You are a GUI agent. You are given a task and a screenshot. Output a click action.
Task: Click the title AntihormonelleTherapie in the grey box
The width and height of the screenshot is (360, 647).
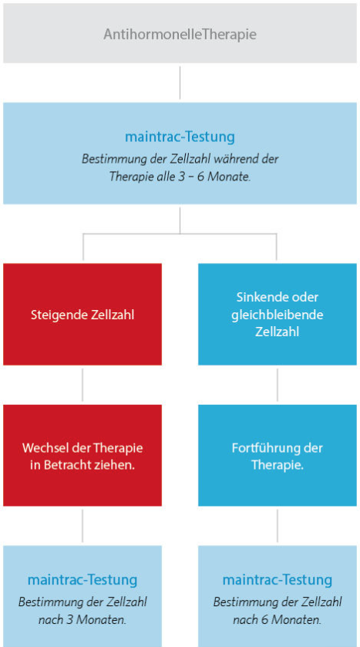click(180, 34)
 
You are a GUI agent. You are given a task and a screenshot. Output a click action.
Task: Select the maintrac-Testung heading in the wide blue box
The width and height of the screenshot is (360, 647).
click(180, 137)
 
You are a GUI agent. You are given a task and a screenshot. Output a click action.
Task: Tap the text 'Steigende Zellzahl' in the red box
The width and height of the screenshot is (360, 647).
click(82, 315)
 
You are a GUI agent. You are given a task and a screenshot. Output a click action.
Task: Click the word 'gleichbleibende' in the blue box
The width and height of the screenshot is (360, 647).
click(277, 315)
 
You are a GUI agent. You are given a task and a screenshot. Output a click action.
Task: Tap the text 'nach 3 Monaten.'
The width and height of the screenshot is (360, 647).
click(82, 620)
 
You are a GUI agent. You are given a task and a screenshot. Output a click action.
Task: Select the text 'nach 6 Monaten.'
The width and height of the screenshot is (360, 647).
click(277, 620)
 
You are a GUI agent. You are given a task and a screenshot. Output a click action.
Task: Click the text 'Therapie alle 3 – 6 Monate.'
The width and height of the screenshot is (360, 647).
click(180, 177)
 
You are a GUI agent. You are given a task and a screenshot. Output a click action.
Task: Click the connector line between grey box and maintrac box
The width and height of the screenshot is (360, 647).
click(180, 83)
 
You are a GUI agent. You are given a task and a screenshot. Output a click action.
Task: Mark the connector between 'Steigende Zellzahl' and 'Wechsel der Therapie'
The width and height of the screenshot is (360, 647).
click(82, 385)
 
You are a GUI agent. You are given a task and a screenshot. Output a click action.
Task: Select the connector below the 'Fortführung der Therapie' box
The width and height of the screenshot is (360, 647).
click(277, 526)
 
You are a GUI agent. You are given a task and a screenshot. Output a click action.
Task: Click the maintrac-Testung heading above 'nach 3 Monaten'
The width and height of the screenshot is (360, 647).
click(82, 580)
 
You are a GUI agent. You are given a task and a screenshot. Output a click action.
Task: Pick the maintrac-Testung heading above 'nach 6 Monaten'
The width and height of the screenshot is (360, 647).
click(277, 580)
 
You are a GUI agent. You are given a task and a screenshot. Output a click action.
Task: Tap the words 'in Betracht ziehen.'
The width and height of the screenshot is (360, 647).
click(82, 466)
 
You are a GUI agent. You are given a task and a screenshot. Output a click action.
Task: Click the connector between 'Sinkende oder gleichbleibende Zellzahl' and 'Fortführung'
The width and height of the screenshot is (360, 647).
click(277, 385)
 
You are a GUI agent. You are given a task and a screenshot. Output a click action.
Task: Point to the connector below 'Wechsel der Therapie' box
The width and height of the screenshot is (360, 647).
click(82, 526)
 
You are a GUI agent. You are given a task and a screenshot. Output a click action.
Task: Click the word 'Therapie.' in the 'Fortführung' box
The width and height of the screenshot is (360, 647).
click(278, 466)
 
